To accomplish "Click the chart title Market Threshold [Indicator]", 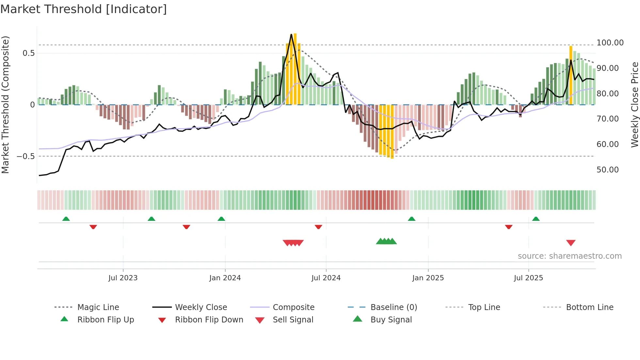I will coord(84,9).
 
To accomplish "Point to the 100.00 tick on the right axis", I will coord(610,43).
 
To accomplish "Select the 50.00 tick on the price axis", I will coord(607,170).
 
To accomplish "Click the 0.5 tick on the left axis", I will coord(28,53).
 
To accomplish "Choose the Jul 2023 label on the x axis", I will coord(123,278).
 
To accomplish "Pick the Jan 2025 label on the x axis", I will coord(428,278).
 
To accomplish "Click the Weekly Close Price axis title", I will coord(634,105).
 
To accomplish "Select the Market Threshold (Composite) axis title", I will coord(5,105).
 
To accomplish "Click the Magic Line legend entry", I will coord(98,307).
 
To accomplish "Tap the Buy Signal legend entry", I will coord(391,320).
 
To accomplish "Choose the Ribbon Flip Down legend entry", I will coord(209,320).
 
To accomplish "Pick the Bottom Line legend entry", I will coord(589,307).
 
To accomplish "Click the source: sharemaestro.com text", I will coord(569,256).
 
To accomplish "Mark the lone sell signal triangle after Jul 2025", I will coord(571,243).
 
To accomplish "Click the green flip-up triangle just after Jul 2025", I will coord(536,219).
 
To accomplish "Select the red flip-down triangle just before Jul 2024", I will coord(318,227).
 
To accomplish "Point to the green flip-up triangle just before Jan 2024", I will coord(221,219).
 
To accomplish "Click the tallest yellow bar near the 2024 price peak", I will coord(295,69).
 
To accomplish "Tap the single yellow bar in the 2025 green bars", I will coord(571,75).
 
